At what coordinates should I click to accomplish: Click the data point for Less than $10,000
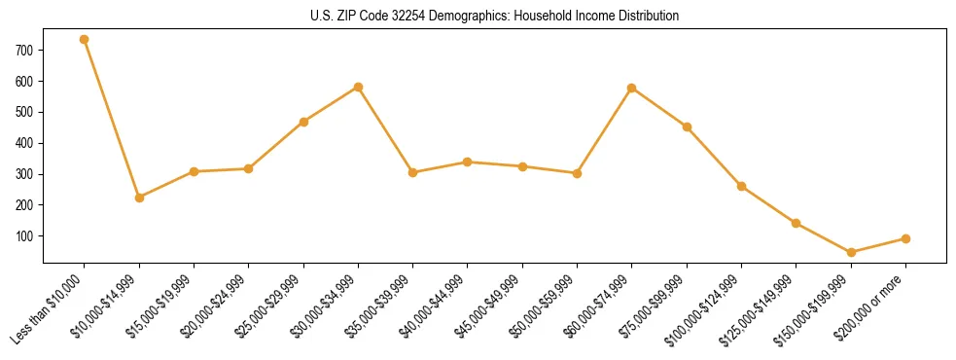(x=85, y=40)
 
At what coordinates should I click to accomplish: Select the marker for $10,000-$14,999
(x=139, y=198)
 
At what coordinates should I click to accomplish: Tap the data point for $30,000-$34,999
(x=358, y=87)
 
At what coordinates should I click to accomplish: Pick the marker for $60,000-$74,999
(x=632, y=89)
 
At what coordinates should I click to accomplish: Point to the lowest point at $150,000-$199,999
(x=851, y=252)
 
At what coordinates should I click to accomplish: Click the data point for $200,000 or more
(x=905, y=238)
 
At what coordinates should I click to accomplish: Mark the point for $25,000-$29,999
(x=303, y=122)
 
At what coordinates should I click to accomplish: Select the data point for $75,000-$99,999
(x=687, y=126)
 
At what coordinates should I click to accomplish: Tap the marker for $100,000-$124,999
(x=741, y=186)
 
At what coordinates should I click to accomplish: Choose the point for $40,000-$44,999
(x=468, y=162)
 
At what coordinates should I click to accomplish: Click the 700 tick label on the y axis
(x=25, y=50)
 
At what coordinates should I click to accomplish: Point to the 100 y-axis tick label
(x=25, y=236)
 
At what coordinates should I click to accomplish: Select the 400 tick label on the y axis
(x=25, y=143)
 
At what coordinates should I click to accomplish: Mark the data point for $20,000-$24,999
(x=249, y=169)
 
